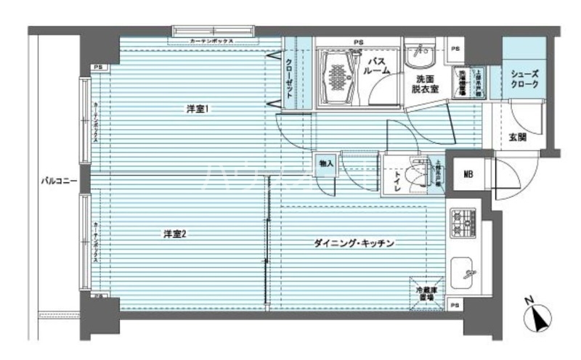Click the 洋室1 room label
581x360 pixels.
[198, 110]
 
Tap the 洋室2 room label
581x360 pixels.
[175, 234]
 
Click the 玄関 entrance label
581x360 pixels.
[517, 137]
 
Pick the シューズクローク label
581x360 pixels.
[524, 78]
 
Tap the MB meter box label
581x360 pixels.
[469, 175]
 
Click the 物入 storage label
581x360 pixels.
[326, 164]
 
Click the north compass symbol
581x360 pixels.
[540, 315]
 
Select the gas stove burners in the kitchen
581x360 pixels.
[462, 222]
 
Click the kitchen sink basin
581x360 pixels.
[463, 274]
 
